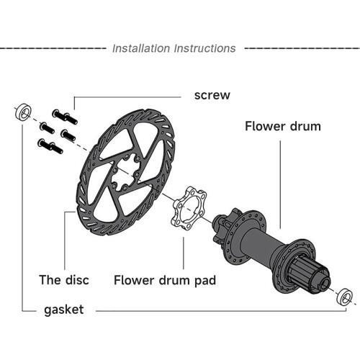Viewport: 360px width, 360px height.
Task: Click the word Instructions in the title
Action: tap(205, 48)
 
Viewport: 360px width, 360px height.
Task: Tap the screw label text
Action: tap(212, 95)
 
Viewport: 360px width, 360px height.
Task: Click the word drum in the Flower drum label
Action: tap(305, 126)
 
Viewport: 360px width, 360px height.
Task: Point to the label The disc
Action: tap(64, 280)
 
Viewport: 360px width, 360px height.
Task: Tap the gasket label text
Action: tap(64, 310)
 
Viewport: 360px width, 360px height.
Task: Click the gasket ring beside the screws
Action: tap(23, 112)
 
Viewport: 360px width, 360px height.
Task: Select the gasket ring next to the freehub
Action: tap(344, 297)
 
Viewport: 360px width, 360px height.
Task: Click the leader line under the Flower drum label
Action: tap(280, 184)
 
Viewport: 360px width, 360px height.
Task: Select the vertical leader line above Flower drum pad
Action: tap(184, 253)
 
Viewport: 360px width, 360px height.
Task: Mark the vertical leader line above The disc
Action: tap(65, 240)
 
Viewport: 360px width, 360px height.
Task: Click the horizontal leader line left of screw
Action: tap(127, 97)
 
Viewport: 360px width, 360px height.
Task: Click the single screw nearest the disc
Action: tap(68, 135)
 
